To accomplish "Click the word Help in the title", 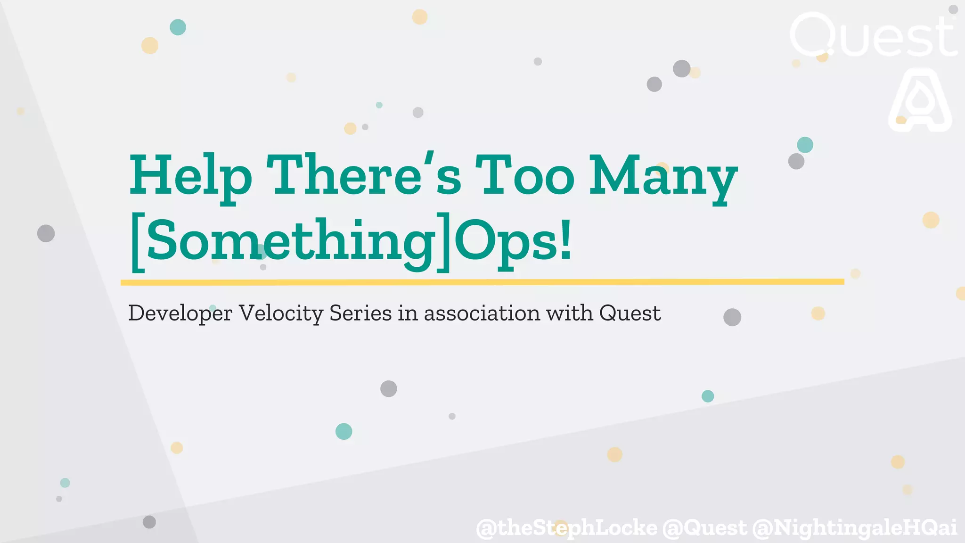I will point(190,175).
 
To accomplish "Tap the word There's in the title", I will point(364,175).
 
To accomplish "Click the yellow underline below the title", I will point(482,282).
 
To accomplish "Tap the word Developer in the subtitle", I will point(180,313).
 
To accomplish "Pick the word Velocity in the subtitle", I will point(281,313).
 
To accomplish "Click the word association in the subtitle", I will point(482,313).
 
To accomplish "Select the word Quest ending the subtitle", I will point(630,313).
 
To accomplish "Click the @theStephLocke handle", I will point(566,527).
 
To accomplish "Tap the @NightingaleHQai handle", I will point(854,527).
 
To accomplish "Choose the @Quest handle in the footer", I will point(704,527).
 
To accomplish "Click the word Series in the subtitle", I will point(360,313).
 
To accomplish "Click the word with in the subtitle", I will point(569,313).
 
